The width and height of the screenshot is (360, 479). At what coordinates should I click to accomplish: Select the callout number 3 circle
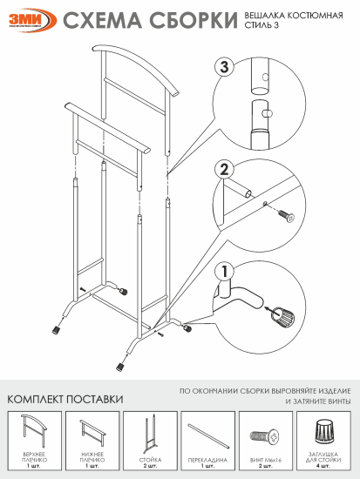coord(225,67)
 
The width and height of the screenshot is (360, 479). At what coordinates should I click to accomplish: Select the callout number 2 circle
coord(223,169)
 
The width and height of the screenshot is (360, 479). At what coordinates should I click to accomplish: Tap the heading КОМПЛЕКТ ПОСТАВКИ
coord(65,399)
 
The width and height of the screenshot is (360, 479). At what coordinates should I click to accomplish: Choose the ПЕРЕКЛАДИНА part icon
coord(207,431)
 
